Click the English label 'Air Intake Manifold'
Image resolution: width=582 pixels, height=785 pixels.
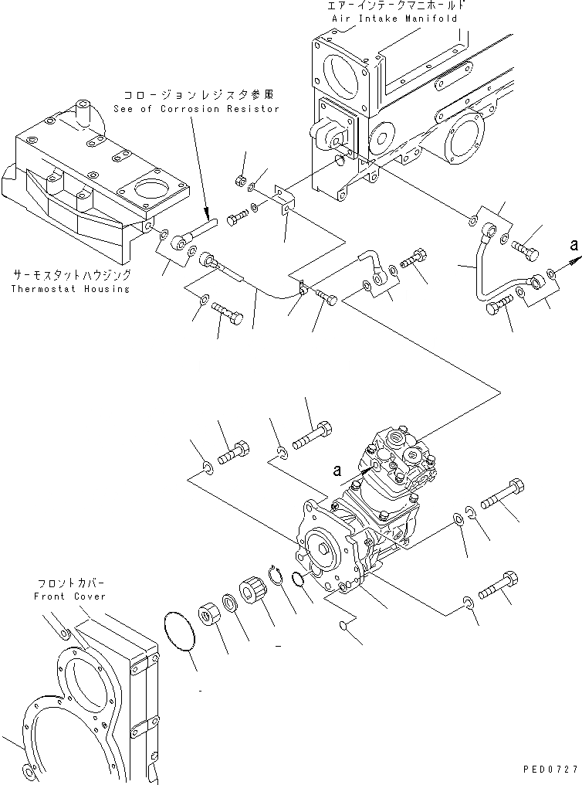395,18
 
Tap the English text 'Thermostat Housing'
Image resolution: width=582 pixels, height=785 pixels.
71,289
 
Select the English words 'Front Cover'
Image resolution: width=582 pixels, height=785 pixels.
69,596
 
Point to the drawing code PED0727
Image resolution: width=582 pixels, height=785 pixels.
545,771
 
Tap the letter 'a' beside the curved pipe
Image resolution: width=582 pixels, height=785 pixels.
572,245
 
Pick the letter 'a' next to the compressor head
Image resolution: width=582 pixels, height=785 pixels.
337,469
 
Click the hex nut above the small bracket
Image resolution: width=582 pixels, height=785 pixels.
240,181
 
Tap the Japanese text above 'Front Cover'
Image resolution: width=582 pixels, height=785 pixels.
69,583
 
